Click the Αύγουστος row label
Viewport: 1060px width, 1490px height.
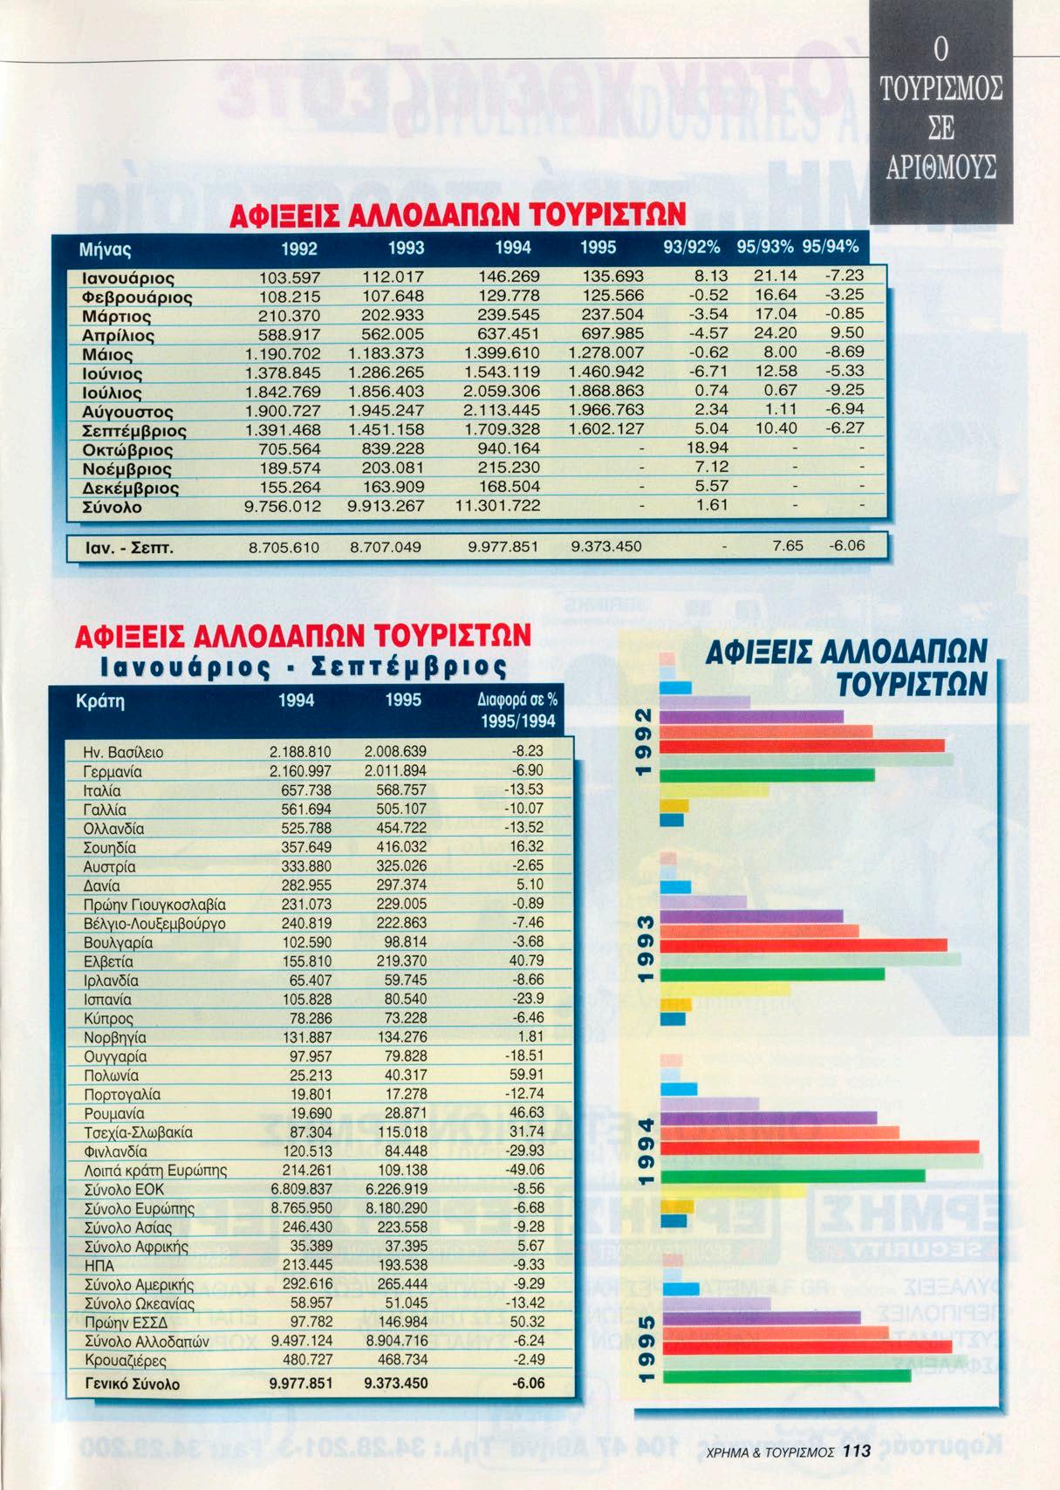pyautogui.click(x=127, y=412)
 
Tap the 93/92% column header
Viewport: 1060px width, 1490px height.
pyautogui.click(x=692, y=248)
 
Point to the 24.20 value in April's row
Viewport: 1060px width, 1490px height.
pyautogui.click(x=776, y=334)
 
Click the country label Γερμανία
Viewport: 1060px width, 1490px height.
pyautogui.click(x=113, y=772)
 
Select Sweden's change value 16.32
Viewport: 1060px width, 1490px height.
pyautogui.click(x=526, y=847)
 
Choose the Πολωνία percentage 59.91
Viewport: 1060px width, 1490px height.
pyautogui.click(x=526, y=1076)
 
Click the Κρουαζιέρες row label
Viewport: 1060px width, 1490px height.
pyautogui.click(x=126, y=1360)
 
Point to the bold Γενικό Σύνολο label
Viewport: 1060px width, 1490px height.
pyautogui.click(x=133, y=1384)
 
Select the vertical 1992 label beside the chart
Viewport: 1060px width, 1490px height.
pyautogui.click(x=644, y=742)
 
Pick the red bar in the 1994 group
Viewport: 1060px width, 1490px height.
pyautogui.click(x=820, y=1146)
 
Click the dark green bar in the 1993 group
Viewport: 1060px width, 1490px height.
pyautogui.click(x=773, y=974)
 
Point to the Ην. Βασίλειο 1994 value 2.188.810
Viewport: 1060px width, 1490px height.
pyautogui.click(x=301, y=752)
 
